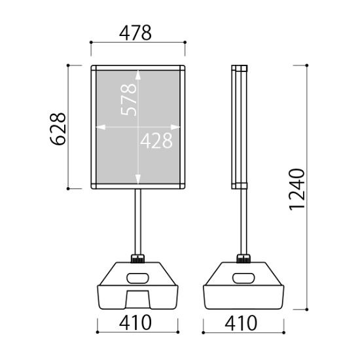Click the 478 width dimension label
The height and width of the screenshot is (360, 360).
(135, 33)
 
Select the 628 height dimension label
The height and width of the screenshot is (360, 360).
(58, 129)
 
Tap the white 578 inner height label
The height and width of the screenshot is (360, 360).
(128, 99)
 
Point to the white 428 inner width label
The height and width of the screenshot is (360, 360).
(156, 140)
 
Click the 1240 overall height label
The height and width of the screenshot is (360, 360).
(297, 189)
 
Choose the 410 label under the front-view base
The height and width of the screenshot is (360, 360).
(135, 323)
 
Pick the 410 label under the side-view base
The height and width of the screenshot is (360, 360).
(241, 323)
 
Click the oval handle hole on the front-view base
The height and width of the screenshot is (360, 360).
(137, 278)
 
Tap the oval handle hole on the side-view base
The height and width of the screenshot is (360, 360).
(243, 278)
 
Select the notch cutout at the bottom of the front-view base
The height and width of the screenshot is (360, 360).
(137, 299)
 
